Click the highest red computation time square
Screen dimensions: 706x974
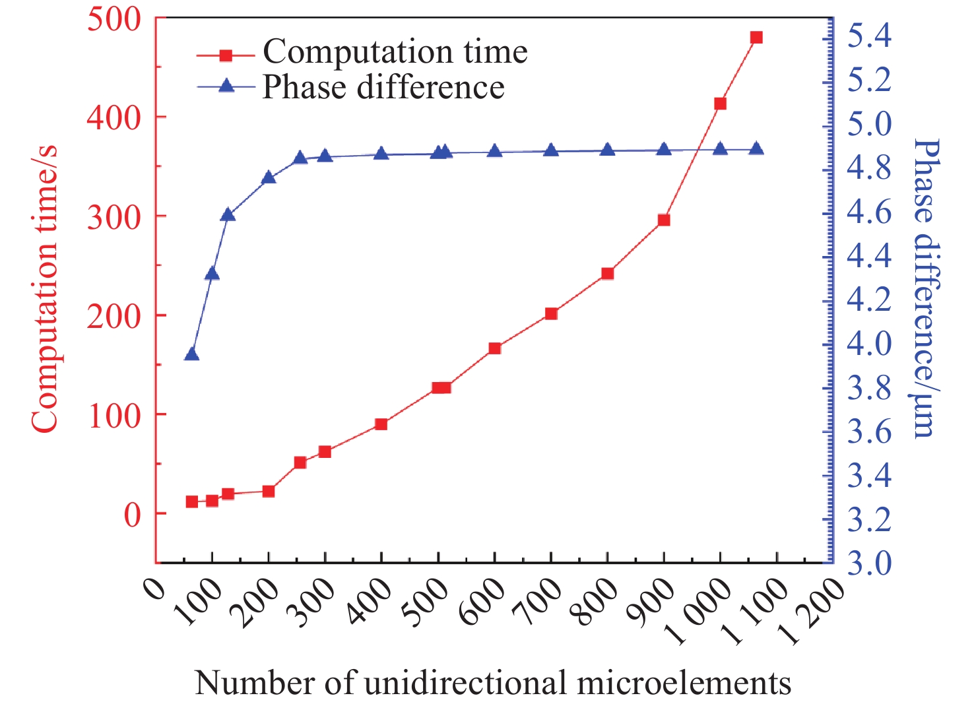pyautogui.click(x=756, y=38)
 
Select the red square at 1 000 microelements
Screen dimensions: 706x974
pyautogui.click(x=720, y=104)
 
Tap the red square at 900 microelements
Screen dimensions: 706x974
pyautogui.click(x=664, y=220)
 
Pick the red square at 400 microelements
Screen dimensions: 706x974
pyautogui.click(x=381, y=424)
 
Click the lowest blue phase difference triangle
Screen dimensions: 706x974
pyautogui.click(x=192, y=355)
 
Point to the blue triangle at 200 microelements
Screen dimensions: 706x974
pyautogui.click(x=269, y=177)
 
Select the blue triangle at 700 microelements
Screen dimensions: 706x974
pyautogui.click(x=551, y=150)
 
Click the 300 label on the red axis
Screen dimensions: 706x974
pyautogui.click(x=114, y=217)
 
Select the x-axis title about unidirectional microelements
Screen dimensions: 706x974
pyautogui.click(x=492, y=683)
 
